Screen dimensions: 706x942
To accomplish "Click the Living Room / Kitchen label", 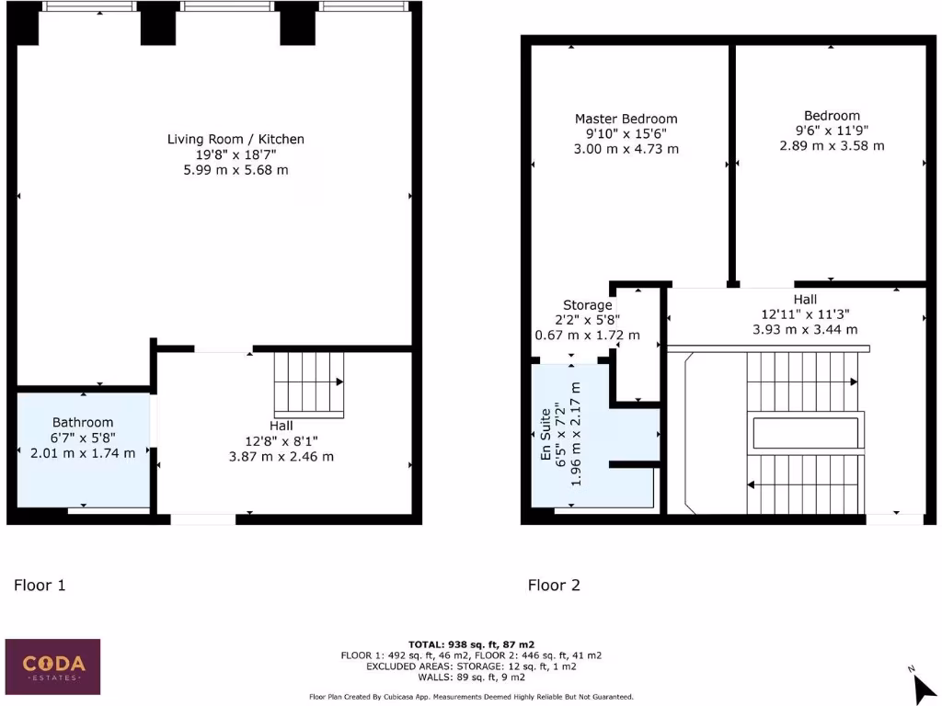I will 235,139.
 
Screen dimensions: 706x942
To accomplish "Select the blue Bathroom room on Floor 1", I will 84,450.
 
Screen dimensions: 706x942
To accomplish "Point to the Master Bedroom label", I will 626,119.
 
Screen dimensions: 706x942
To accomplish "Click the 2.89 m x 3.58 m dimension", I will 832,146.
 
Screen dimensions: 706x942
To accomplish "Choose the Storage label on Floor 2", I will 587,305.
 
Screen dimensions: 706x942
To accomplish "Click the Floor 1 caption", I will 40,585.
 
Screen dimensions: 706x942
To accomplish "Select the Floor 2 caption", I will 554,585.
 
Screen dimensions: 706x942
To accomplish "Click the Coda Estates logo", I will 53,665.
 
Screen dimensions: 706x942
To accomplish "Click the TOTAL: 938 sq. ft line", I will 471,644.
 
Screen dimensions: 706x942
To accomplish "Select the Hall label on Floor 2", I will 805,300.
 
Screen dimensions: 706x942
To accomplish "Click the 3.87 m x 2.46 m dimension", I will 281,456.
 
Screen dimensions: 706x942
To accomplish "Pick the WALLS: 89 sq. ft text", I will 471,677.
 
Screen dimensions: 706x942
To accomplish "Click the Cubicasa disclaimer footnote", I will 471,697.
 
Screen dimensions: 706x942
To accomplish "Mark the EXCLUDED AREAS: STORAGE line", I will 471,666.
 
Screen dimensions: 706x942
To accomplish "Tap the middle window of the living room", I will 226,6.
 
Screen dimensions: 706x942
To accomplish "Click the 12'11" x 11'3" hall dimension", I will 805,314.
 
